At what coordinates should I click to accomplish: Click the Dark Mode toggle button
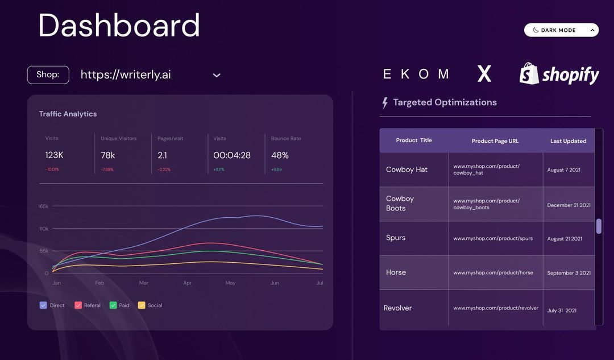click(x=561, y=30)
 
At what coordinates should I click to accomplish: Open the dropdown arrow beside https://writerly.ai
click(x=217, y=75)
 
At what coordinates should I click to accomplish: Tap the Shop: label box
click(x=48, y=75)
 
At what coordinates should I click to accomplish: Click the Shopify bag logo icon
click(x=529, y=74)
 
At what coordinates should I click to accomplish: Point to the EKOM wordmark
click(x=416, y=74)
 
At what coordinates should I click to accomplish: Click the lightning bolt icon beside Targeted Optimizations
click(x=385, y=103)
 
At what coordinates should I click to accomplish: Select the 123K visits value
click(x=55, y=155)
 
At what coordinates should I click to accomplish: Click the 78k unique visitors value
click(x=108, y=155)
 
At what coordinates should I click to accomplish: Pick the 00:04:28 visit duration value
click(x=232, y=155)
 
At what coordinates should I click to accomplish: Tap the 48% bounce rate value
click(x=280, y=155)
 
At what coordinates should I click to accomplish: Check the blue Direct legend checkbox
click(x=43, y=305)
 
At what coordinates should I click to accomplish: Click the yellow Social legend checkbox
click(x=142, y=305)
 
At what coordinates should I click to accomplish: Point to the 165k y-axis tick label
click(x=43, y=206)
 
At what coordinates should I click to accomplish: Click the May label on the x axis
click(x=230, y=283)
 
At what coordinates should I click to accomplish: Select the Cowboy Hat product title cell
click(x=407, y=169)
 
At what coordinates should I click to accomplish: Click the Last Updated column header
click(x=568, y=141)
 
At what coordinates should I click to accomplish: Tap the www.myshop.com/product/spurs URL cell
click(x=493, y=238)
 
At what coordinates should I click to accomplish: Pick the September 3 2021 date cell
click(x=569, y=273)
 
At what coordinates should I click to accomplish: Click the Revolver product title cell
click(x=398, y=308)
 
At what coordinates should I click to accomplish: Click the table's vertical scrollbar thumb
click(x=599, y=226)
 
